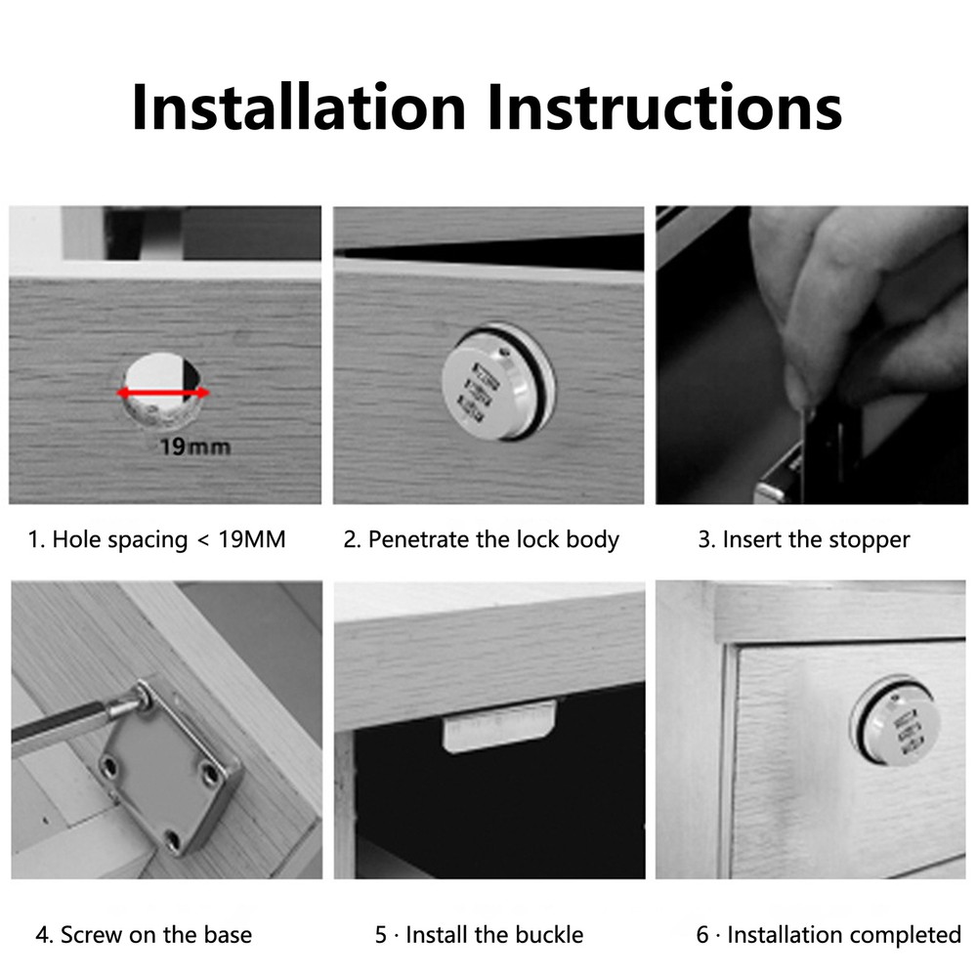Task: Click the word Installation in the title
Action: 299,106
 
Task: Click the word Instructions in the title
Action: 664,106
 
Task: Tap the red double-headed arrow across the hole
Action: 164,393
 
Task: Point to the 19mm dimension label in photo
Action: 195,446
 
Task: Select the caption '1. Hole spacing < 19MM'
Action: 157,539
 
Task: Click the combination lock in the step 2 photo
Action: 498,381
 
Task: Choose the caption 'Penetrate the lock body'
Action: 493,539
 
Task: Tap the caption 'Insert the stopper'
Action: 816,539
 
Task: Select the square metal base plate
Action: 170,770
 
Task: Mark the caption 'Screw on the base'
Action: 156,935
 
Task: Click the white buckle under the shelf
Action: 498,726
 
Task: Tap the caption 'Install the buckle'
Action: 494,935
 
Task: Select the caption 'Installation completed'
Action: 844,935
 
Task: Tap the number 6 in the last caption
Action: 702,935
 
